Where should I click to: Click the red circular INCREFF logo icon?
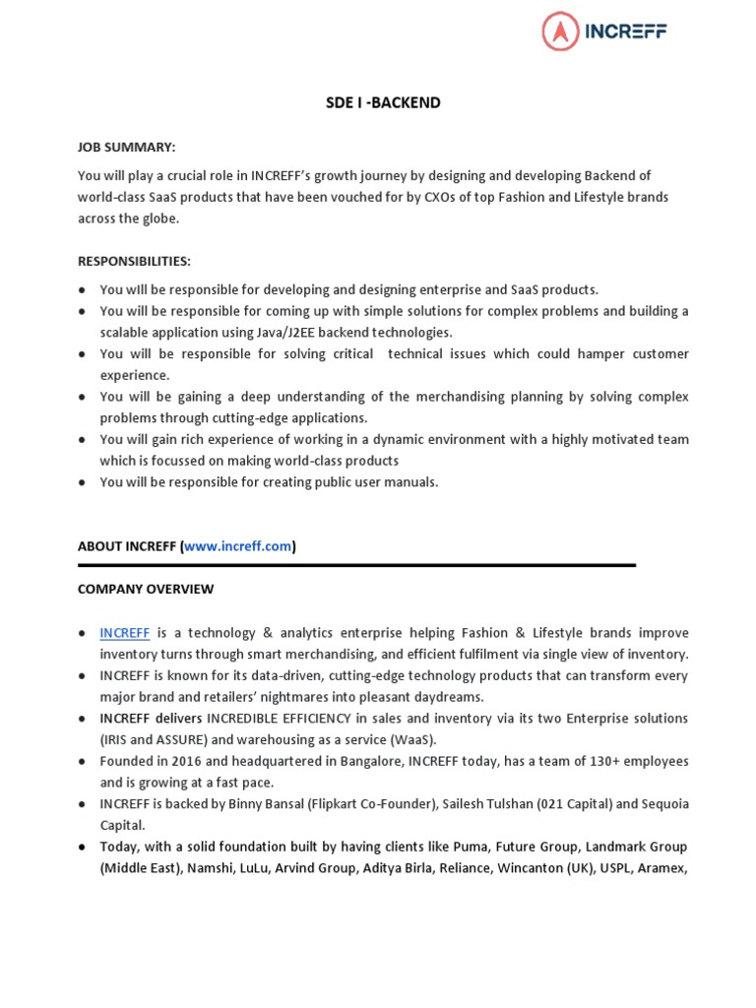pos(562,31)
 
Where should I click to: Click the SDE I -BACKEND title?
pos(383,103)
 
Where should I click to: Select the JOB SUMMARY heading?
pos(126,147)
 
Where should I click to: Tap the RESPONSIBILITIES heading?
pos(134,261)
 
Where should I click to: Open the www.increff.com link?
pos(238,546)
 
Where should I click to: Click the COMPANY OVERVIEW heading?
pos(146,589)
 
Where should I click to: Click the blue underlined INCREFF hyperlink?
pos(124,632)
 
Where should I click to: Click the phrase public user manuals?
pos(380,482)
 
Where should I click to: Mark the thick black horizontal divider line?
pos(356,566)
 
